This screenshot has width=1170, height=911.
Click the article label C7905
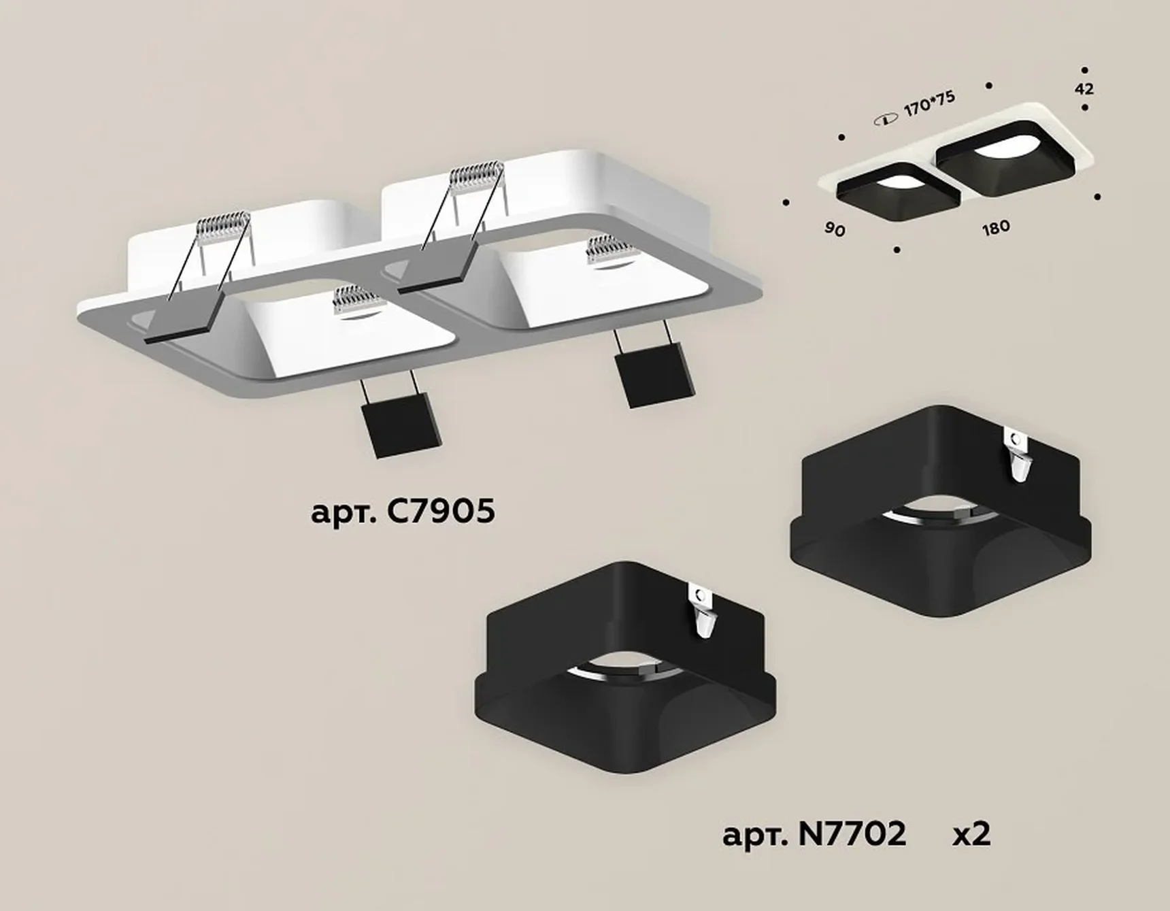pos(403,512)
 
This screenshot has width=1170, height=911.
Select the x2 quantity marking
pos(971,833)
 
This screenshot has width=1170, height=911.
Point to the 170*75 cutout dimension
pos(930,105)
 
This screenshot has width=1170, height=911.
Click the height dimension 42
pos(1085,88)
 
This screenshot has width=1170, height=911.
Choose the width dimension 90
pos(835,229)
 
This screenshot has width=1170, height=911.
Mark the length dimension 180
pos(996,228)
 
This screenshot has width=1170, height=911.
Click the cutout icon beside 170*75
pos(885,120)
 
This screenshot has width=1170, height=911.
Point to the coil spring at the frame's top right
pos(477,179)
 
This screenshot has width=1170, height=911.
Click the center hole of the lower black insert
pos(626,670)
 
